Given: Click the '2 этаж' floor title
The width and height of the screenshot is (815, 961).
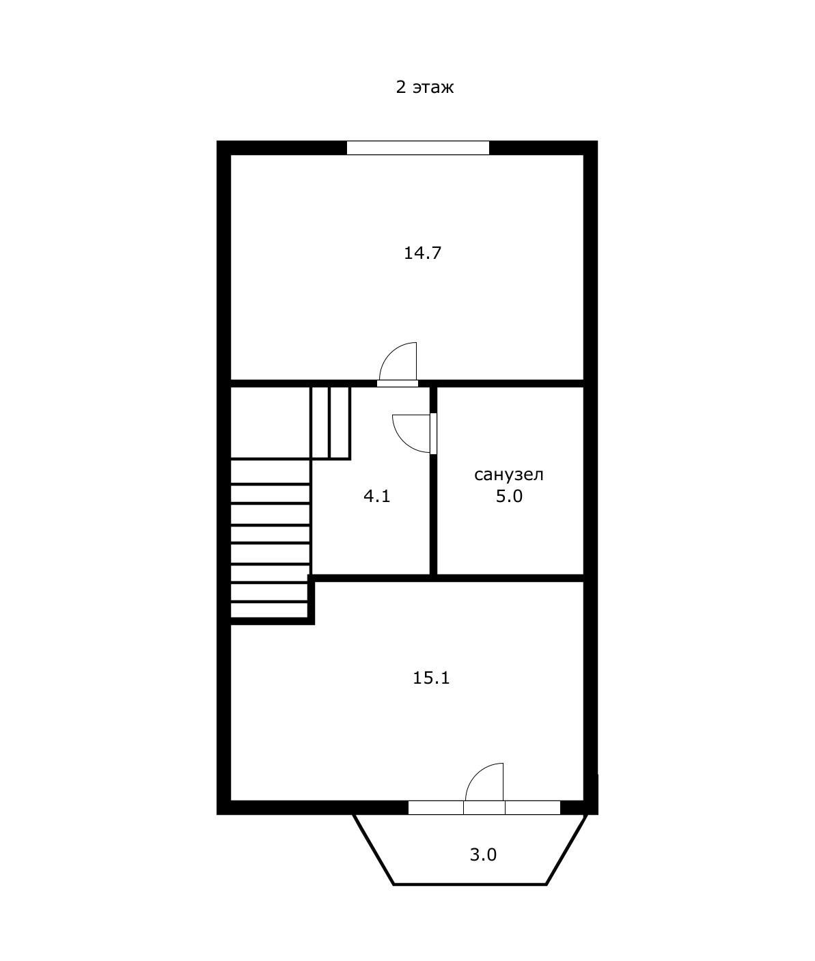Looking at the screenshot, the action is (x=424, y=87).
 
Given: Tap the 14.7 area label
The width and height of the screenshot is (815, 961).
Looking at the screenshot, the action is (x=422, y=253).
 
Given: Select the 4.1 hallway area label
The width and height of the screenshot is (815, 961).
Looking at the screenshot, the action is (x=376, y=497).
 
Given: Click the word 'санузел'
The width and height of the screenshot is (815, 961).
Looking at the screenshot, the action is (x=509, y=475).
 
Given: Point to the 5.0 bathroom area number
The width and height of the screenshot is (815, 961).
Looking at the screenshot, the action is (x=509, y=497).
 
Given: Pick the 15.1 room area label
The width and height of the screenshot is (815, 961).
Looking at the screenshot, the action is (x=431, y=678).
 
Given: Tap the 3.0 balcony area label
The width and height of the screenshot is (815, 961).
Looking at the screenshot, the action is (x=483, y=855).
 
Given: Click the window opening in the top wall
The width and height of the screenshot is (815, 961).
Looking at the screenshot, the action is (x=418, y=148).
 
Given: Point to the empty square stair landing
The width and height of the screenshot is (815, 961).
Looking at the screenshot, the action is (x=270, y=423).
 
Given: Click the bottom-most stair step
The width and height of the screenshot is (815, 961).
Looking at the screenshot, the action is (x=269, y=610).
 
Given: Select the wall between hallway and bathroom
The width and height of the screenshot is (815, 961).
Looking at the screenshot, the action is (x=433, y=481).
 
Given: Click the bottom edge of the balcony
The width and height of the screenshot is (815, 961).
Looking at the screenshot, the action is (x=469, y=884).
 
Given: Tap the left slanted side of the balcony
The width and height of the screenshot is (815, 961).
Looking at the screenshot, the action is (x=373, y=849).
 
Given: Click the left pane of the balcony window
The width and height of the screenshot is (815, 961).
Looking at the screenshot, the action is (x=436, y=807).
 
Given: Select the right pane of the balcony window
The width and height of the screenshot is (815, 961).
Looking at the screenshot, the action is (x=533, y=807).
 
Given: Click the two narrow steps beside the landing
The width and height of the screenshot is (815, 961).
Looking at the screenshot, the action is (x=331, y=423).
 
